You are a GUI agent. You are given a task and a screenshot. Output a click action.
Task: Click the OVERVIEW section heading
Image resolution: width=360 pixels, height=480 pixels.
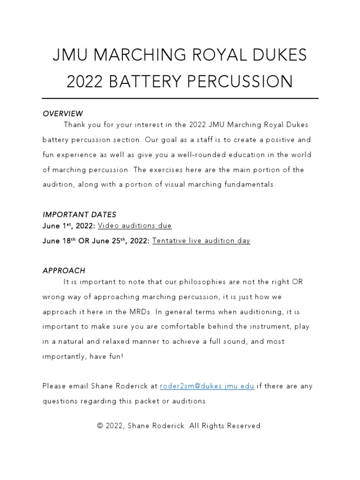pos(63,113)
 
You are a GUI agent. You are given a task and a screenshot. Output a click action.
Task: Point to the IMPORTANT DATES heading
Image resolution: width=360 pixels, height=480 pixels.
pos(79,215)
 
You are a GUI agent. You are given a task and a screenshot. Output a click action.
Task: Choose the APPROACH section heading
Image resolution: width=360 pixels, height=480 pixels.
pos(64,270)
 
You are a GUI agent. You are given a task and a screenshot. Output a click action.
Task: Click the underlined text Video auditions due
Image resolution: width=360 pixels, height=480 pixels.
pos(135,226)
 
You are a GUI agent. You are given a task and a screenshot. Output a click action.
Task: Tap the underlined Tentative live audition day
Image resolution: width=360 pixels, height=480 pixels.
pos(201,240)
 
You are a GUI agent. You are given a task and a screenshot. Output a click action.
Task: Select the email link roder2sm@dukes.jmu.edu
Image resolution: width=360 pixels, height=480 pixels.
pos(207,386)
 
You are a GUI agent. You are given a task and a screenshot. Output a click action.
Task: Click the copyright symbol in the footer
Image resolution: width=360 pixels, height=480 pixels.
pos(100,426)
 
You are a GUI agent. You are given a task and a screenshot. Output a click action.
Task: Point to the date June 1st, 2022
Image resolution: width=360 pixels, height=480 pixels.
pos(69,226)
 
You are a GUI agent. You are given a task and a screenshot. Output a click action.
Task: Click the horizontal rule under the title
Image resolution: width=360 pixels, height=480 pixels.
pos(180,98)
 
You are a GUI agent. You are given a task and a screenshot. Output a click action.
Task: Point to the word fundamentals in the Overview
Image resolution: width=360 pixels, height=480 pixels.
pos(250,185)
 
